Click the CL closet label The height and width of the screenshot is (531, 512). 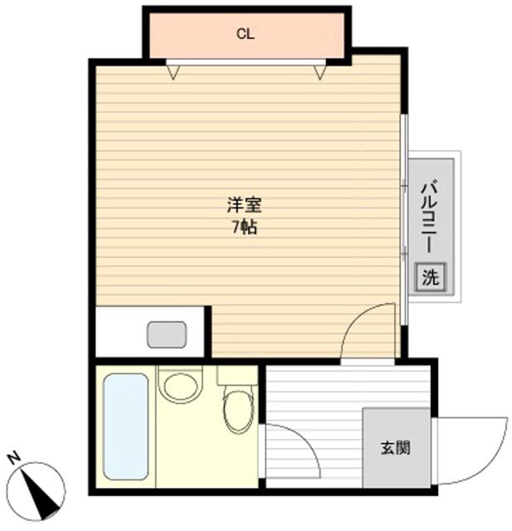(x=245, y=34)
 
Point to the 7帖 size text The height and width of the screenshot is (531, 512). (x=244, y=227)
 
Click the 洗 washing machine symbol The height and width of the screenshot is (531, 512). (x=430, y=277)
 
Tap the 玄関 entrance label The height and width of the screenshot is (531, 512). (x=395, y=449)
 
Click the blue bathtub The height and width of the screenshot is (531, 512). (x=125, y=426)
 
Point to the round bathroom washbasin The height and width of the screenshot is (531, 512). (x=181, y=385)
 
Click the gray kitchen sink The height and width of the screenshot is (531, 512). (x=167, y=334)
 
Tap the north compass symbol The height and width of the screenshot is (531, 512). (x=39, y=486)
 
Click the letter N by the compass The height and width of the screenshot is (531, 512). (x=13, y=458)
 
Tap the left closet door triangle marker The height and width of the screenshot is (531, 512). (x=173, y=72)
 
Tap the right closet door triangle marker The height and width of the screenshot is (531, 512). (x=319, y=72)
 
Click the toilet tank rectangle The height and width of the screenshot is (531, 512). (x=237, y=374)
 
